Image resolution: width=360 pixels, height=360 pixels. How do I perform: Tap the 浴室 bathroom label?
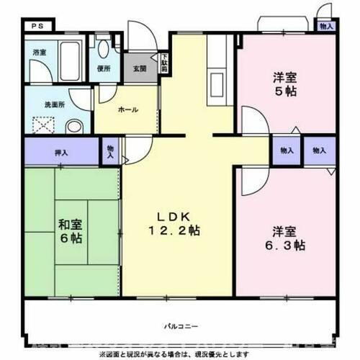pyautogui.click(x=40, y=53)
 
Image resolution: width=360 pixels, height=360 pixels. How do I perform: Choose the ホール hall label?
pyautogui.click(x=127, y=110)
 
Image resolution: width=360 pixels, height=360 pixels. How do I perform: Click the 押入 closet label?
pyautogui.click(x=60, y=152)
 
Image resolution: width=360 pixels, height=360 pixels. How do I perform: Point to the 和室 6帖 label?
pyautogui.click(x=71, y=230)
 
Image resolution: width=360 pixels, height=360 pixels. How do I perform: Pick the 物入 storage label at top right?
pyautogui.click(x=326, y=27)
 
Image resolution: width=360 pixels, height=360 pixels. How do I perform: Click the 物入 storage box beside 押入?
pyautogui.click(x=110, y=150)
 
